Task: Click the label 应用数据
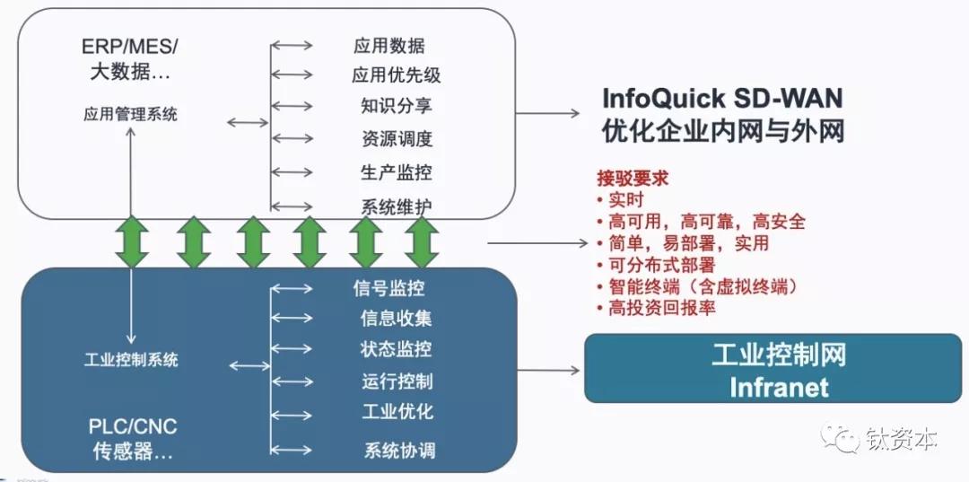tap(388, 45)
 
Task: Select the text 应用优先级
tap(397, 74)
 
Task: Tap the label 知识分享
tap(397, 106)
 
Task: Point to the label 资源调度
tap(397, 138)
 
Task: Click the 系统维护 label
tap(397, 206)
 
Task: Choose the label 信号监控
tap(388, 288)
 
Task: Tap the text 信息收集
tap(397, 318)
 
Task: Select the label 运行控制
tap(397, 381)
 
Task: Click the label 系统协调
tap(399, 450)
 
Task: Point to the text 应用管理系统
tap(130, 114)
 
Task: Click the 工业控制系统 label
tap(131, 360)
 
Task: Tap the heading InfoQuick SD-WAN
tap(722, 98)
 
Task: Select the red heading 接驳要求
tap(633, 179)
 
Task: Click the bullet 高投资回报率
tap(657, 307)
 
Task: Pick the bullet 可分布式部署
tap(657, 265)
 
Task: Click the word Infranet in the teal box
tap(780, 388)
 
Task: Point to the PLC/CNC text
tap(133, 426)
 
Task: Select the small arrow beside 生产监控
tap(292, 172)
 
